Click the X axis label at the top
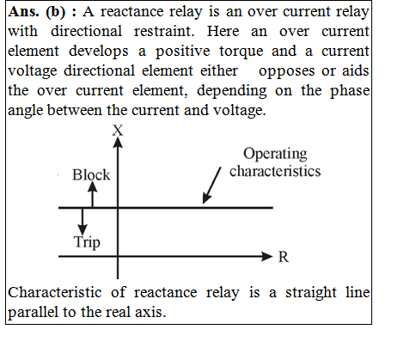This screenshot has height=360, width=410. point(118,131)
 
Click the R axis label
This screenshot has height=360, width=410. point(284,257)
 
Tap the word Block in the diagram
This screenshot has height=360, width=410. point(91,174)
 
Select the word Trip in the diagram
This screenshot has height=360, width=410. point(87,242)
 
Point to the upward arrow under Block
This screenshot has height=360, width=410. point(92,194)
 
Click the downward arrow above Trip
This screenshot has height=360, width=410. point(83,222)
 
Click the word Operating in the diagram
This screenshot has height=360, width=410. point(275,155)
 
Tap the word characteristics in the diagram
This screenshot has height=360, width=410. point(275,171)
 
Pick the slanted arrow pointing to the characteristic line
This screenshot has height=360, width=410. point(211,186)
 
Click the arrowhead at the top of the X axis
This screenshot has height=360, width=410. point(118,143)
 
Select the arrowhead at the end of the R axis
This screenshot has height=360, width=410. point(267,256)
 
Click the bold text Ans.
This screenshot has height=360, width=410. point(23,12)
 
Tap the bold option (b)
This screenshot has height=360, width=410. point(56,12)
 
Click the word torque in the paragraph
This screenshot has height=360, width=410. point(242,52)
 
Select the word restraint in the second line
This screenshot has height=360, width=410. point(164,31)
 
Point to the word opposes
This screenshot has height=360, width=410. point(286,71)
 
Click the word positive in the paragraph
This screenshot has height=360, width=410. point(183,52)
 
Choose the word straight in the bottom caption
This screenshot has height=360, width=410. point(311,293)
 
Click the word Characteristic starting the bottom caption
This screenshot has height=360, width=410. point(55,293)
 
